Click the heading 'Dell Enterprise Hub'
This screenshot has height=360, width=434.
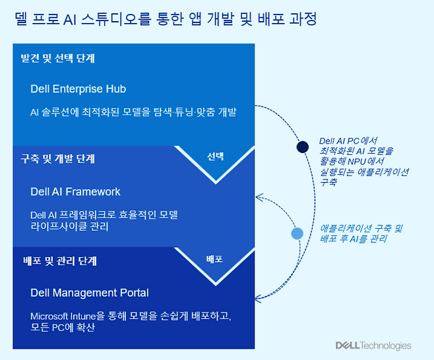78,89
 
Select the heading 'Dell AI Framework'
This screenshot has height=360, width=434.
75,192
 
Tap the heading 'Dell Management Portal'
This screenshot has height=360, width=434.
90,293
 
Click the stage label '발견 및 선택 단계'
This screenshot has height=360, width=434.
57,59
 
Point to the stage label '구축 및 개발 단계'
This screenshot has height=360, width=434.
58,159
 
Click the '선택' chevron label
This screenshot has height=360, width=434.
215,157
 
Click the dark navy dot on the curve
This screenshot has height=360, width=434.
303,147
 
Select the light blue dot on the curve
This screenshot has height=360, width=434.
297,233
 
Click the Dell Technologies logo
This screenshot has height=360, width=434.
373,346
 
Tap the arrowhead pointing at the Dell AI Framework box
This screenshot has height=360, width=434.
259,196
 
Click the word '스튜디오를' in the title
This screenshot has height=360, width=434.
113,19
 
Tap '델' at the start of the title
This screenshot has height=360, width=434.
20,19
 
